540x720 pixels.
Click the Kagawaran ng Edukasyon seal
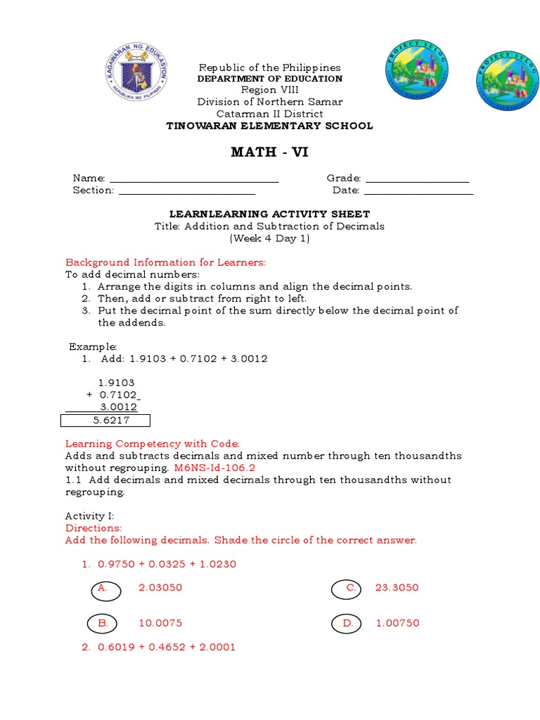tap(137, 72)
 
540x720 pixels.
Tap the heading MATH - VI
tap(269, 153)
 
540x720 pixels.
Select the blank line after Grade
tap(418, 181)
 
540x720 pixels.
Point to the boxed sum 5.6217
tap(106, 420)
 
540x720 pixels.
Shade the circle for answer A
tap(105, 590)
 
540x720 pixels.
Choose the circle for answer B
tap(103, 624)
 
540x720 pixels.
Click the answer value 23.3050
tap(397, 588)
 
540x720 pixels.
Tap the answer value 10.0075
tap(160, 623)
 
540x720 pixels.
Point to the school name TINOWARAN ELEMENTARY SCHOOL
tap(269, 126)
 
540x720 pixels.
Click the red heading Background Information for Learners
tap(165, 262)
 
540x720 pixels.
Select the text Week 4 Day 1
tap(269, 238)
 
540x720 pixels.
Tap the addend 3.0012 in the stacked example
tap(117, 407)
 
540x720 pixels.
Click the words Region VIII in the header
tap(269, 90)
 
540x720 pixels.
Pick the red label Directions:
tap(94, 528)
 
